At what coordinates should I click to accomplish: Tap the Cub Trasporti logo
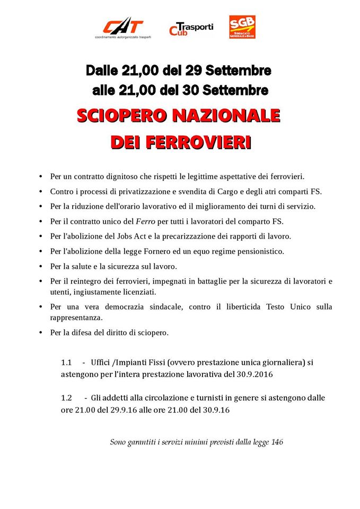point(191,29)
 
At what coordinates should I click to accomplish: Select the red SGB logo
point(242,27)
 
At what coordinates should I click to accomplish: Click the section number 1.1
point(66,363)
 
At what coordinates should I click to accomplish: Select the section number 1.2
point(66,398)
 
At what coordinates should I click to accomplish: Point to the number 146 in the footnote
point(277,442)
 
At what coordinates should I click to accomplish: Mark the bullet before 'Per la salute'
point(41,266)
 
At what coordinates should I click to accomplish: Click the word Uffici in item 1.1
point(101,363)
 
